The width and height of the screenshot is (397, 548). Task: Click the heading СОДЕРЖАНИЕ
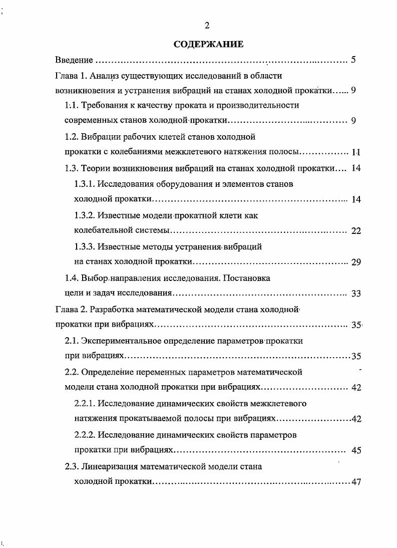(208, 45)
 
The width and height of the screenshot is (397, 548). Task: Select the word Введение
(74, 61)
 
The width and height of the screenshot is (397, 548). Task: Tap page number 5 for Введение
(353, 60)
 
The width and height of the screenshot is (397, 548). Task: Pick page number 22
(356, 231)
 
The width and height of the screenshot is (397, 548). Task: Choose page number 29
(356, 262)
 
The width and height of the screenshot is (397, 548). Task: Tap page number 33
(356, 294)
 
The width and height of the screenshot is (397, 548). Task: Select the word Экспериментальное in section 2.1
(121, 341)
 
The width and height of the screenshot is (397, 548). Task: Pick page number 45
(356, 450)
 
